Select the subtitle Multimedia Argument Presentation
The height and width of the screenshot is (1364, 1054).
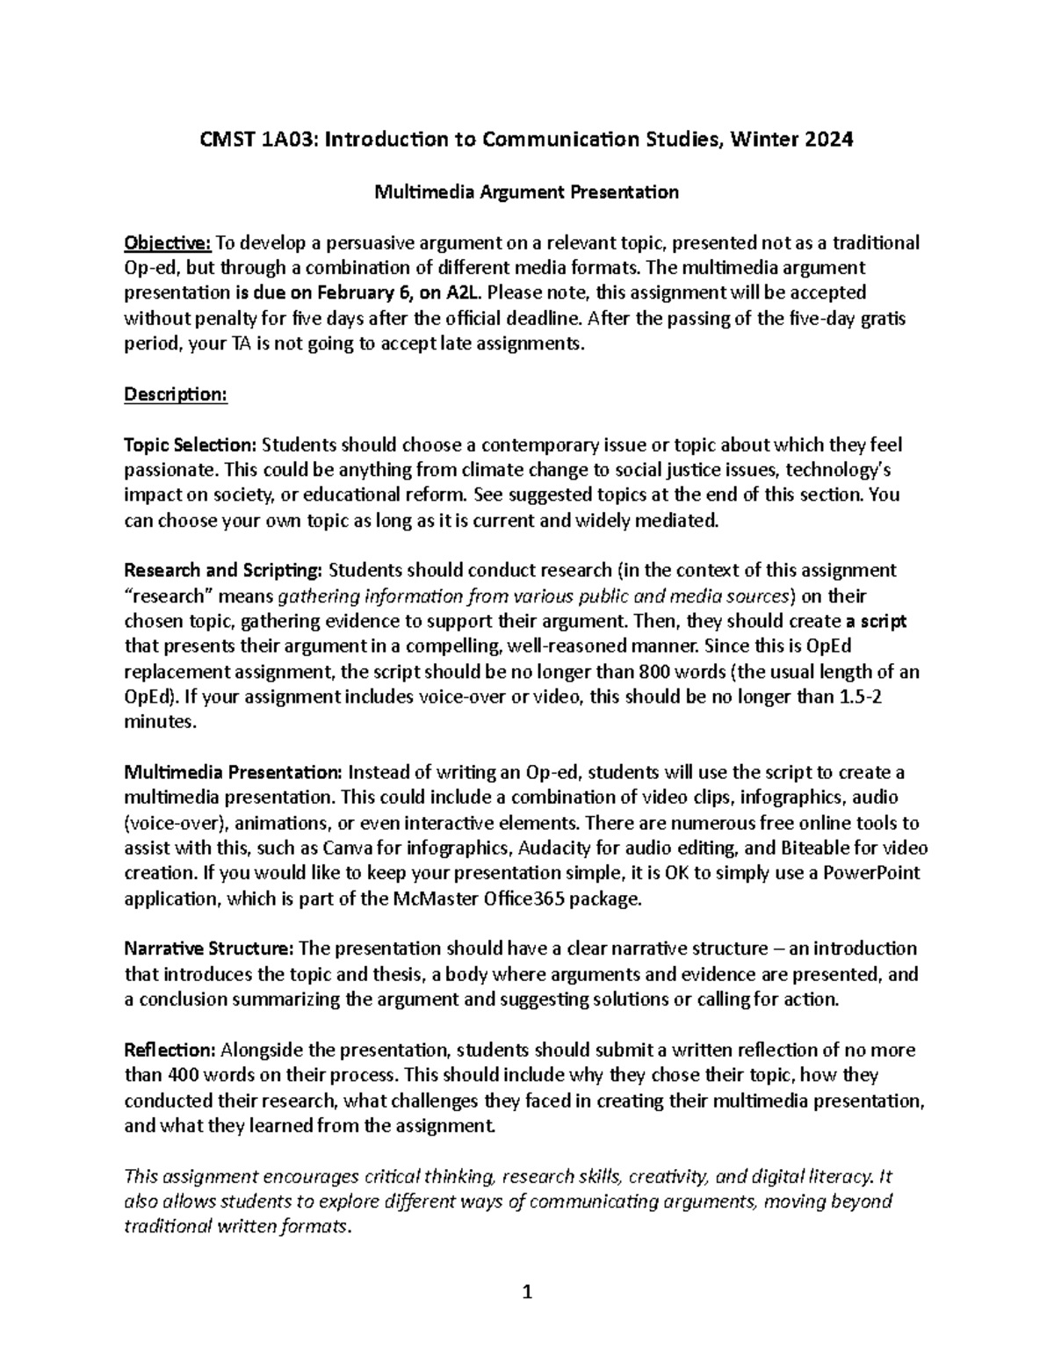point(527,191)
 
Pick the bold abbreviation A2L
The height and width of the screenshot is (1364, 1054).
point(463,292)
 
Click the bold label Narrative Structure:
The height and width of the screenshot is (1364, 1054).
point(209,949)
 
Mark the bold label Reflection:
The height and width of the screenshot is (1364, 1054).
point(170,1050)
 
